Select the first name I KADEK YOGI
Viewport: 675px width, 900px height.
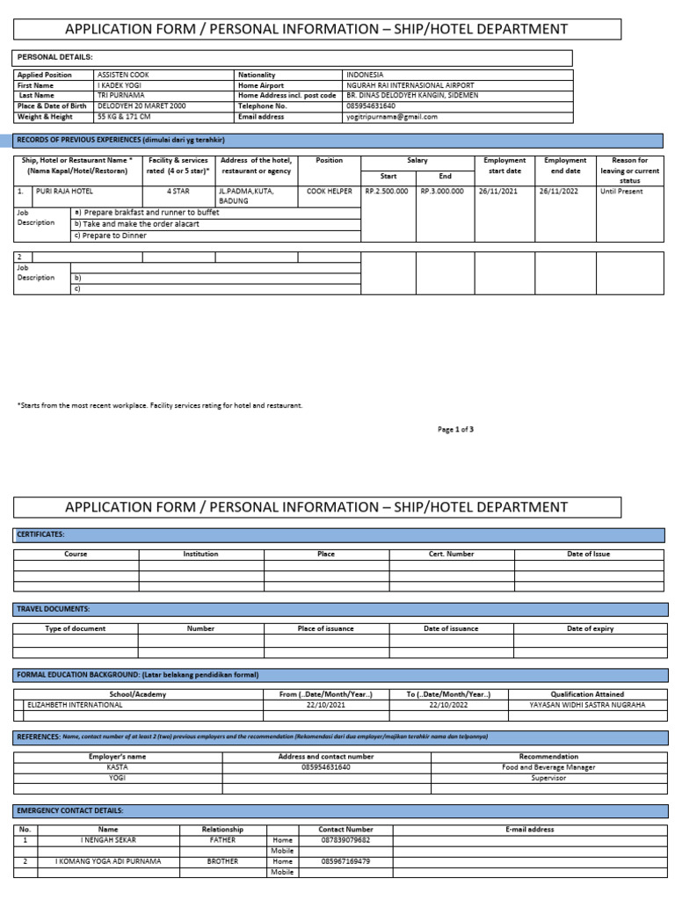[x=118, y=86]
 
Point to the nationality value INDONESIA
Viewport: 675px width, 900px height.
[x=365, y=76]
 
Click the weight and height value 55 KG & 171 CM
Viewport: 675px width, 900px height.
[x=124, y=116]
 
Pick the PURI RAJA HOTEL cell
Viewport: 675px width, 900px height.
[x=64, y=191]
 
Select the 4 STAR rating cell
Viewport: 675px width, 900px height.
[x=179, y=191]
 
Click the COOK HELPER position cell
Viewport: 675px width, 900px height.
[x=330, y=191]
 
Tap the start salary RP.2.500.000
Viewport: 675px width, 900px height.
[x=388, y=191]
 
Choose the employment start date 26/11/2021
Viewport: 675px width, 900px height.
[x=499, y=191]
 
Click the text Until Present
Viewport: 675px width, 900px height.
[x=621, y=191]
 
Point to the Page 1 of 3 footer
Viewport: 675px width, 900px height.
[x=455, y=429]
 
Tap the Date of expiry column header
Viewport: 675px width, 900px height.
[x=590, y=628]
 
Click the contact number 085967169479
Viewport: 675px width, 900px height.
[x=345, y=861]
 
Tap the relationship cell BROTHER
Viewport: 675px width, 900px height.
[x=222, y=861]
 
